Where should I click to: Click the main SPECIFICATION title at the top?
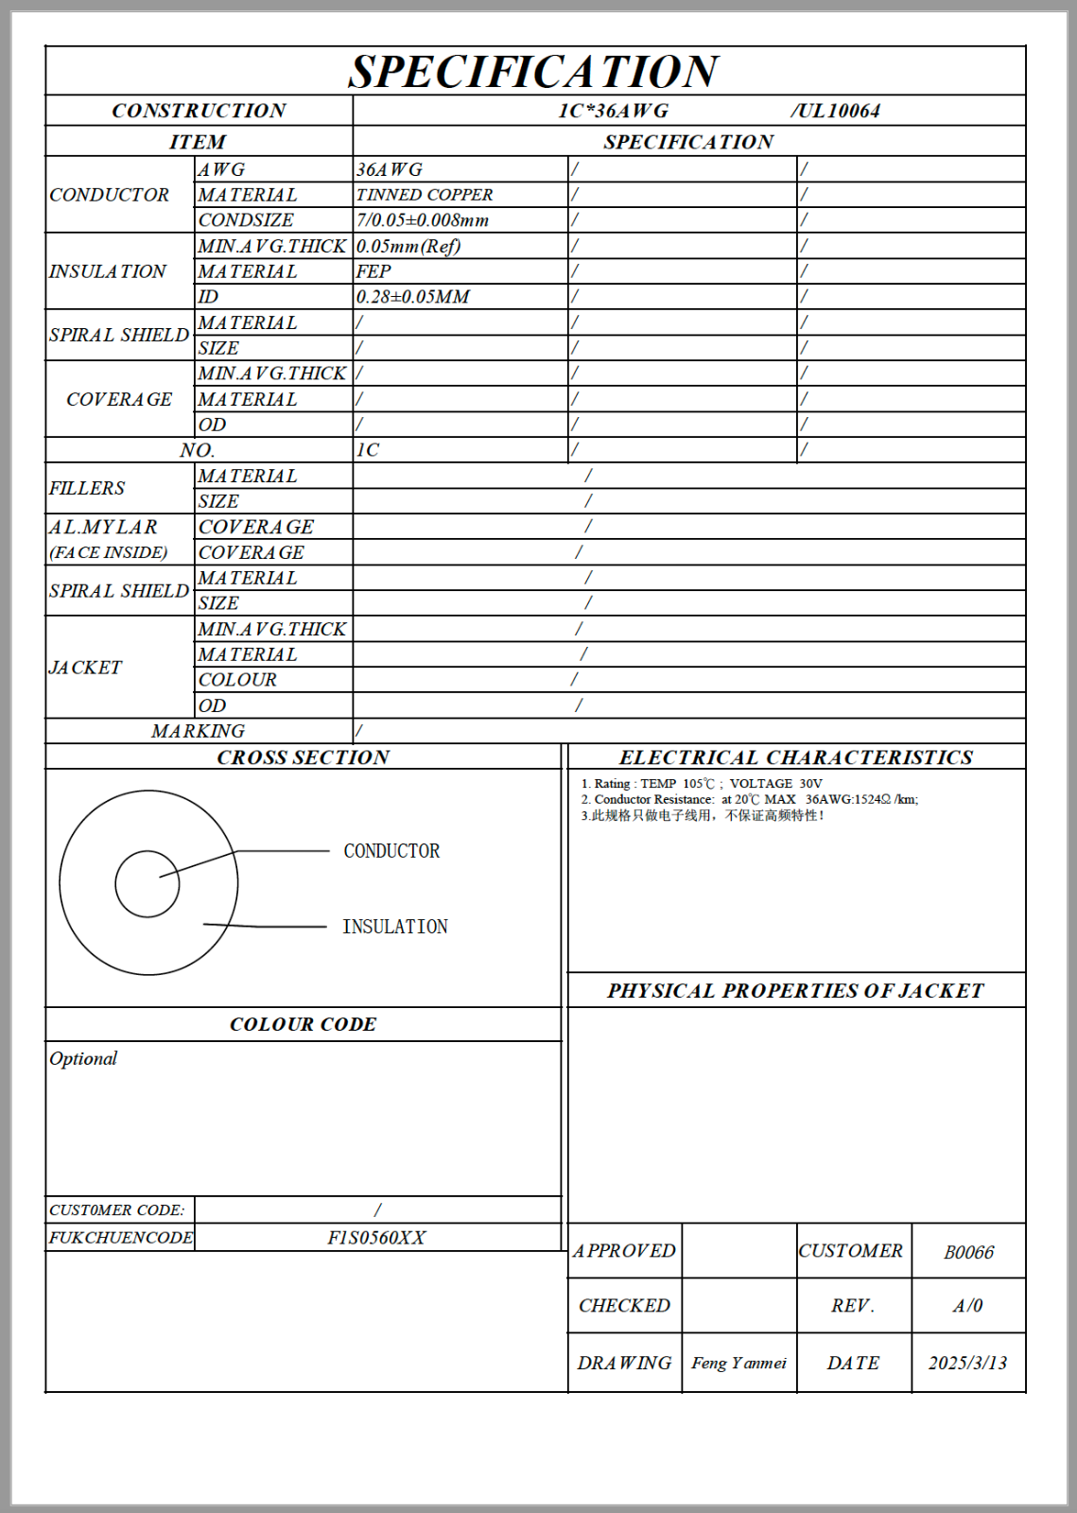(533, 72)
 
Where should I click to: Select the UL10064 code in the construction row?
(836, 111)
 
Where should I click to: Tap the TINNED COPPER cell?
(425, 195)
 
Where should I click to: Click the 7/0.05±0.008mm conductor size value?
(423, 220)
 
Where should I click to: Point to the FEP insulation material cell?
(373, 271)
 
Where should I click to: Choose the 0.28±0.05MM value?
(413, 297)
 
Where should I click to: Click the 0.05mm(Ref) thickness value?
(408, 246)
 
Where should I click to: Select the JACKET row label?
(86, 668)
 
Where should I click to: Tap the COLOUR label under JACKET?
(237, 680)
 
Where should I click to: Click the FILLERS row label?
(87, 488)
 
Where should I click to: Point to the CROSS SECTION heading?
(303, 757)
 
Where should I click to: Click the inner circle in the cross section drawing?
(147, 883)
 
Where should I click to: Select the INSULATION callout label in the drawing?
(395, 927)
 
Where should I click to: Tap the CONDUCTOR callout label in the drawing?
(391, 851)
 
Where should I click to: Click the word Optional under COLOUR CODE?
(83, 1058)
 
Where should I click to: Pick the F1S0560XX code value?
(376, 1238)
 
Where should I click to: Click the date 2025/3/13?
(967, 1363)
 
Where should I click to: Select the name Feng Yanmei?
(738, 1363)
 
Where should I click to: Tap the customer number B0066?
(968, 1252)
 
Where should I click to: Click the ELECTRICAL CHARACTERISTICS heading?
(795, 757)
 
